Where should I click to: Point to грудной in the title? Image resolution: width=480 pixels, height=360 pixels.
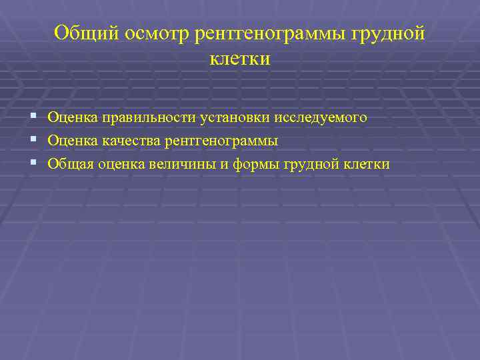point(388,34)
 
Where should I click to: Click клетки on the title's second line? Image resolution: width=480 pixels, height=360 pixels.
point(240,59)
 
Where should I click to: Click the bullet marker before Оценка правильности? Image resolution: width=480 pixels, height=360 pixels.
point(33,118)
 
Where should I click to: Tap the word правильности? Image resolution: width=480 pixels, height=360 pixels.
point(148,118)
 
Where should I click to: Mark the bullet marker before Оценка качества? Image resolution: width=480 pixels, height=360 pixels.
point(33,141)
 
